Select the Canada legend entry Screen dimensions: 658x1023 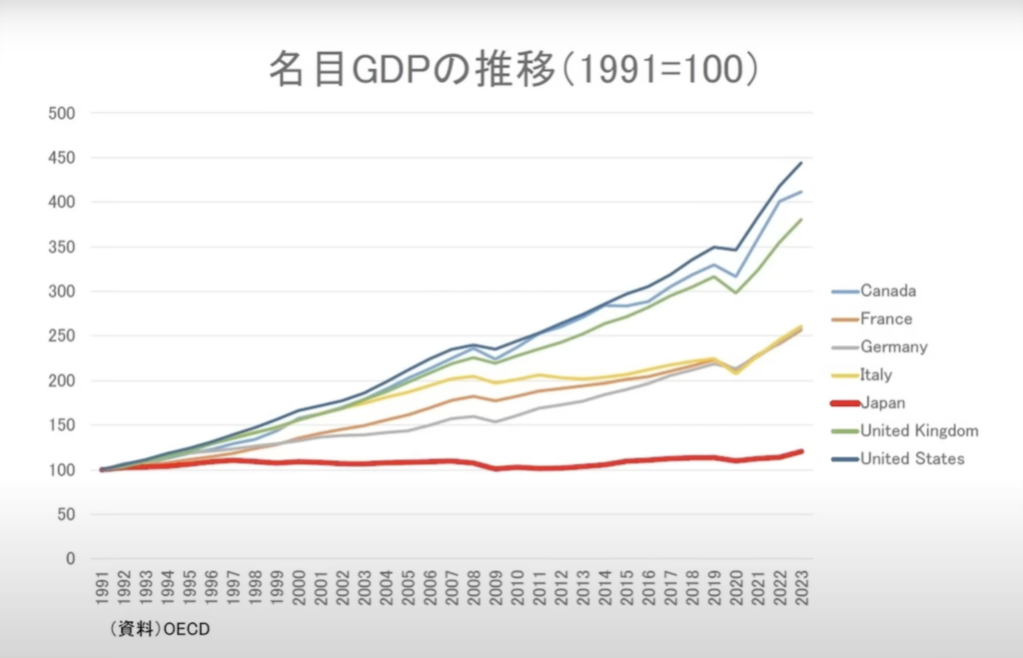887,292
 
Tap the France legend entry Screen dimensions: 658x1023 885,320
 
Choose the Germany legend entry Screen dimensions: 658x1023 893,347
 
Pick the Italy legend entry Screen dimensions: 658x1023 876,375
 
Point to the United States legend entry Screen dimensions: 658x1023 912,459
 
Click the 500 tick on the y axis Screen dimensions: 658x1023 62,113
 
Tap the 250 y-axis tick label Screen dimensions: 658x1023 62,336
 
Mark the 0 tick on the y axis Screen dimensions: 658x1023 70,559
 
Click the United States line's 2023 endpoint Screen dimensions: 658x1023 800,163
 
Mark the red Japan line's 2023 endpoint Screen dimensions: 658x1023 801,451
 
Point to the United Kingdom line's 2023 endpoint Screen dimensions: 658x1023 800,220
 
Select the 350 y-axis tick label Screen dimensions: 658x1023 62,247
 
